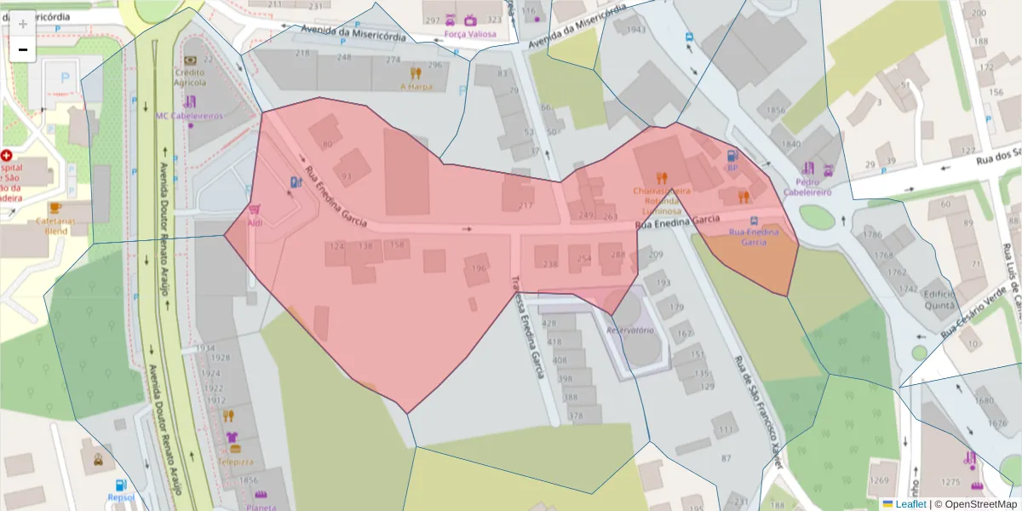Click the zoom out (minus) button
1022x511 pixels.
click(x=22, y=50)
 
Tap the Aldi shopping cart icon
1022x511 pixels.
click(x=254, y=209)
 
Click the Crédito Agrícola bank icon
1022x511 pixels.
click(x=189, y=60)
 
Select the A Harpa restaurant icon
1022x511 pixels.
click(x=416, y=73)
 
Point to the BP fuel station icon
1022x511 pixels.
click(x=731, y=155)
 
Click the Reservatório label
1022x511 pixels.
click(x=629, y=330)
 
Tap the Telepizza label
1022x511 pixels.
click(x=235, y=461)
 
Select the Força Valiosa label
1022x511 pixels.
click(x=469, y=34)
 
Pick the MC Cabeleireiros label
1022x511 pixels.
click(x=189, y=115)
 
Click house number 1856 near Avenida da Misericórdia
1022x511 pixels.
click(x=775, y=111)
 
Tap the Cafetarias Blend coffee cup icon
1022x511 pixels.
click(x=55, y=207)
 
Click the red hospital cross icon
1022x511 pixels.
click(x=7, y=156)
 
